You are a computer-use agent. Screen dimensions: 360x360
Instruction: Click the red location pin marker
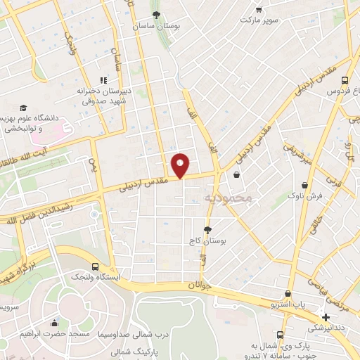pyautogui.click(x=181, y=165)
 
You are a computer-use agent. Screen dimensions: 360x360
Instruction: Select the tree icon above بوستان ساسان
pyautogui.click(x=156, y=14)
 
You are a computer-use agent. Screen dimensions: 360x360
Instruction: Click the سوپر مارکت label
pyautogui.click(x=259, y=20)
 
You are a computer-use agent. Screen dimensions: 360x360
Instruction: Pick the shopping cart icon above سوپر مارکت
pyautogui.click(x=259, y=9)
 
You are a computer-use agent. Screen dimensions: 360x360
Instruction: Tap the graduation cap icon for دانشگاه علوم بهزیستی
pyautogui.click(x=23, y=108)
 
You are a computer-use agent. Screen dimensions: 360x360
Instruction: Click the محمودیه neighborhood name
pyautogui.click(x=228, y=198)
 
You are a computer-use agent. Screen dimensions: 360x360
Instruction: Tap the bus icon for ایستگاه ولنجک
pyautogui.click(x=96, y=266)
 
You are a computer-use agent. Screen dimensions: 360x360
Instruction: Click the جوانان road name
pyautogui.click(x=200, y=285)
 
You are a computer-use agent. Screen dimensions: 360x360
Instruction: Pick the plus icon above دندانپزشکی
pyautogui.click(x=326, y=316)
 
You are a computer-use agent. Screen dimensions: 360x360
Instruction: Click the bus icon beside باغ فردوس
pyautogui.click(x=345, y=80)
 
